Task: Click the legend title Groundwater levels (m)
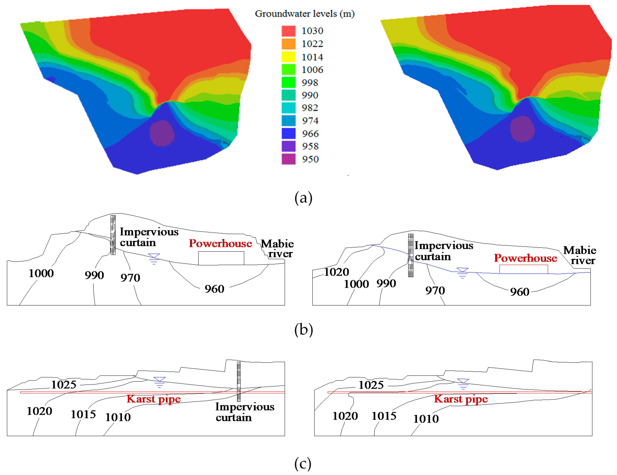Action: click(x=305, y=14)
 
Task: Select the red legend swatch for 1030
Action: click(x=288, y=31)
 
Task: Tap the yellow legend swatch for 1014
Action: click(x=288, y=57)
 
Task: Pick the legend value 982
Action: click(x=310, y=108)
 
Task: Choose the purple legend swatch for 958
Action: click(x=288, y=146)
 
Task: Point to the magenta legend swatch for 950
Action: click(x=288, y=159)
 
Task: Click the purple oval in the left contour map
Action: click(x=162, y=133)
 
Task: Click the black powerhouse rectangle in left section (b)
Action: click(x=221, y=258)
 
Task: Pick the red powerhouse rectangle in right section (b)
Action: click(x=523, y=269)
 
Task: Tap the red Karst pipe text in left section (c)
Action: click(x=154, y=399)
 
